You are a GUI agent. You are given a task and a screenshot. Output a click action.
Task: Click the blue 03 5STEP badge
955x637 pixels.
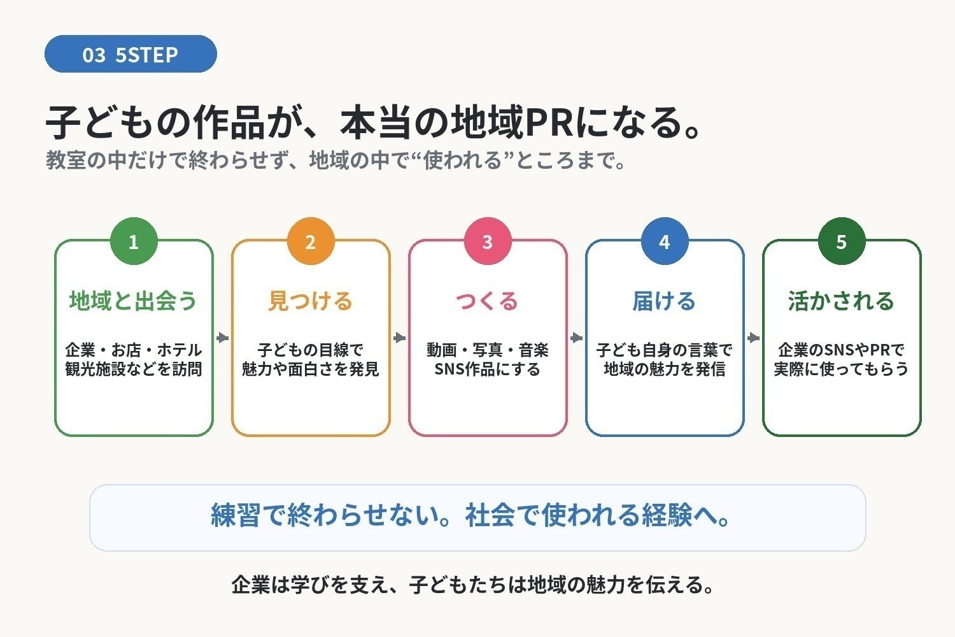[x=131, y=54]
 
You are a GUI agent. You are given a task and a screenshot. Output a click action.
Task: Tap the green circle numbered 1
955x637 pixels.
[x=134, y=241]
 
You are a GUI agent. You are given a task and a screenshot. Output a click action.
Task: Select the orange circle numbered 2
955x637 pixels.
[x=311, y=241]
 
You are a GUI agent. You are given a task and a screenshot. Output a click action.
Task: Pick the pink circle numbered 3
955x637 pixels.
[x=488, y=241]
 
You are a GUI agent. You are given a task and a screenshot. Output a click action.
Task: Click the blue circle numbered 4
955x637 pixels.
[x=665, y=241]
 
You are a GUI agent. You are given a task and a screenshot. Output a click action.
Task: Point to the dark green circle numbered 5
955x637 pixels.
[x=842, y=241]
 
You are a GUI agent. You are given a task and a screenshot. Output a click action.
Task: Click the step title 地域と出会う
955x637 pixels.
[x=134, y=301]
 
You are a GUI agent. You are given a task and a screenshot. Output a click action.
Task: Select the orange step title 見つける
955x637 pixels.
[x=311, y=301]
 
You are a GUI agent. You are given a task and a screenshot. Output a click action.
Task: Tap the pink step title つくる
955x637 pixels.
[x=487, y=301]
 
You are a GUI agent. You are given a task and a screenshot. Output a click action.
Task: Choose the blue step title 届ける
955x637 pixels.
[x=664, y=301]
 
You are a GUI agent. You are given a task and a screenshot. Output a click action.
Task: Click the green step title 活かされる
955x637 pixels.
[x=841, y=301]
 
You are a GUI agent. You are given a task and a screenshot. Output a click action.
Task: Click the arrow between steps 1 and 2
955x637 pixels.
[x=223, y=338]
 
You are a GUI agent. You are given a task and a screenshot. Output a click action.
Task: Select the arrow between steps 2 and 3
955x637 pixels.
[x=399, y=338]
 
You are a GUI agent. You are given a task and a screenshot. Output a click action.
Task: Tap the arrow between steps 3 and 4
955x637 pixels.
[x=576, y=338]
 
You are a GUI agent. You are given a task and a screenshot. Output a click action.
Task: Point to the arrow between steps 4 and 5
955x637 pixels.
[x=753, y=338]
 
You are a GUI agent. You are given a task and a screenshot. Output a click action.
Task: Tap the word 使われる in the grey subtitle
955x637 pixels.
[x=463, y=160]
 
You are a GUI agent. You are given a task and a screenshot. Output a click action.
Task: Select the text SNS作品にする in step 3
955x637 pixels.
[x=487, y=369]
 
